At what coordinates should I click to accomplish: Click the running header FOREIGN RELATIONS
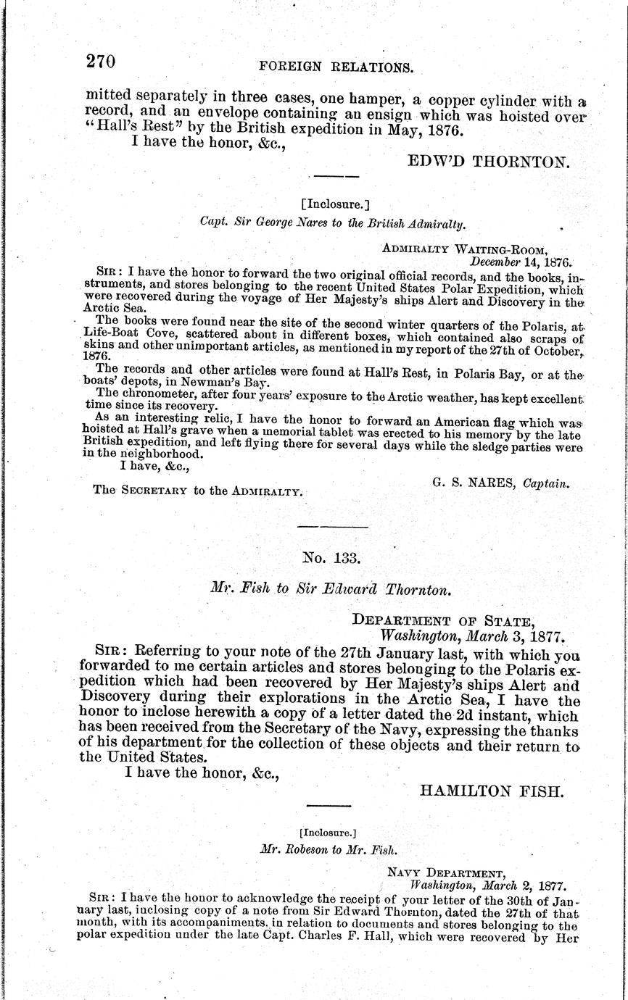(x=336, y=67)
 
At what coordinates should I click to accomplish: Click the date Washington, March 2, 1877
(x=487, y=885)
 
